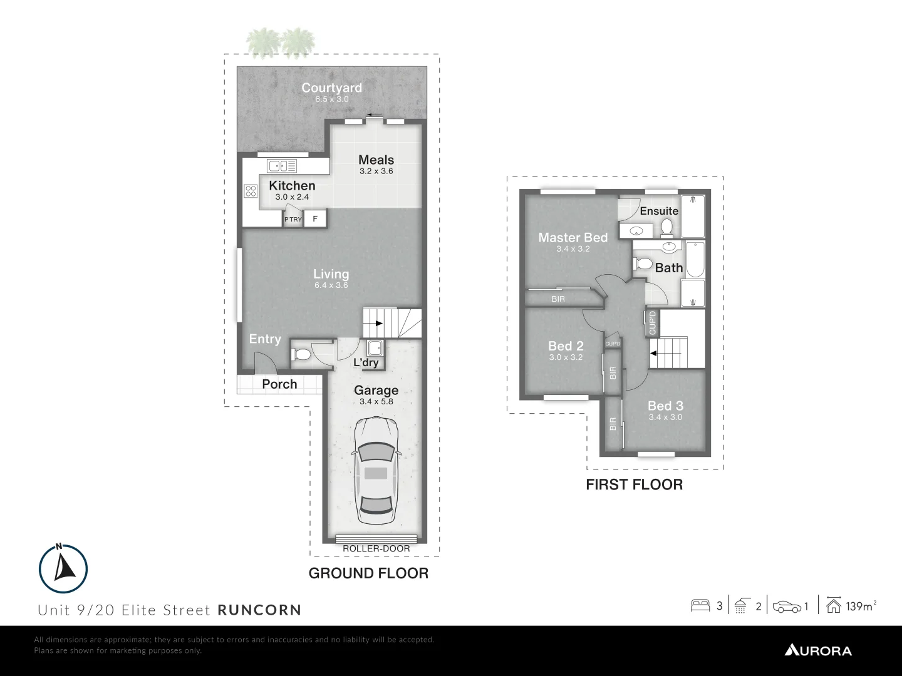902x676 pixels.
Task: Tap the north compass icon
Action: click(x=63, y=567)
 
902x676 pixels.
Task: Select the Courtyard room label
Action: click(x=331, y=88)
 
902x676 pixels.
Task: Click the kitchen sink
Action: click(x=282, y=166)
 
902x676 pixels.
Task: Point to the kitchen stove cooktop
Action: click(x=251, y=191)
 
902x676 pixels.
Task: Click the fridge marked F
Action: click(x=315, y=218)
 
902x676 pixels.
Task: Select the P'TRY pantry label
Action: click(x=293, y=220)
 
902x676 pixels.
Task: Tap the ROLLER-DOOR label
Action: click(x=376, y=549)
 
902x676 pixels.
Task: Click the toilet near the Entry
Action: click(x=301, y=355)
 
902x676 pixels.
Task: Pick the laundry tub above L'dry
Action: click(x=375, y=348)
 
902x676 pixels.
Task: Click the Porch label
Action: click(x=279, y=384)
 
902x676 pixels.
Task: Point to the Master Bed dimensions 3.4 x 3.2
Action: click(x=573, y=248)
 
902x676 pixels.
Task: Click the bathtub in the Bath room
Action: click(x=695, y=260)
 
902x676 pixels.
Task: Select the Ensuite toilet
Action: click(x=666, y=226)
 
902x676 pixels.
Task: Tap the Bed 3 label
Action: click(x=665, y=406)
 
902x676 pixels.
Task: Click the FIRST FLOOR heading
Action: click(x=634, y=484)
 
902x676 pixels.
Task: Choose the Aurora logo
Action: click(x=818, y=650)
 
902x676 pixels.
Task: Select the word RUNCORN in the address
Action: click(x=259, y=610)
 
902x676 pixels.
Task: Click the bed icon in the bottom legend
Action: click(x=700, y=606)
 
